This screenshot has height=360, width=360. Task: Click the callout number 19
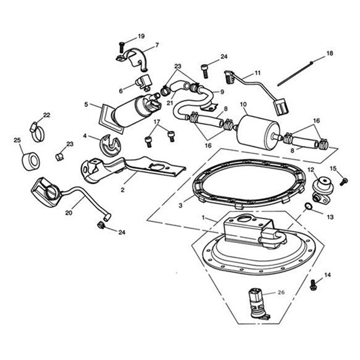[141, 36]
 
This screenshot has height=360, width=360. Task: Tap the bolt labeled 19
[122, 46]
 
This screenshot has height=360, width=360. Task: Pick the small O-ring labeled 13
[306, 209]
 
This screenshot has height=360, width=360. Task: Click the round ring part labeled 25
[28, 161]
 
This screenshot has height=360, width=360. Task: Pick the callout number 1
[204, 217]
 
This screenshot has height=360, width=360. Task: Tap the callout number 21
[170, 102]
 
